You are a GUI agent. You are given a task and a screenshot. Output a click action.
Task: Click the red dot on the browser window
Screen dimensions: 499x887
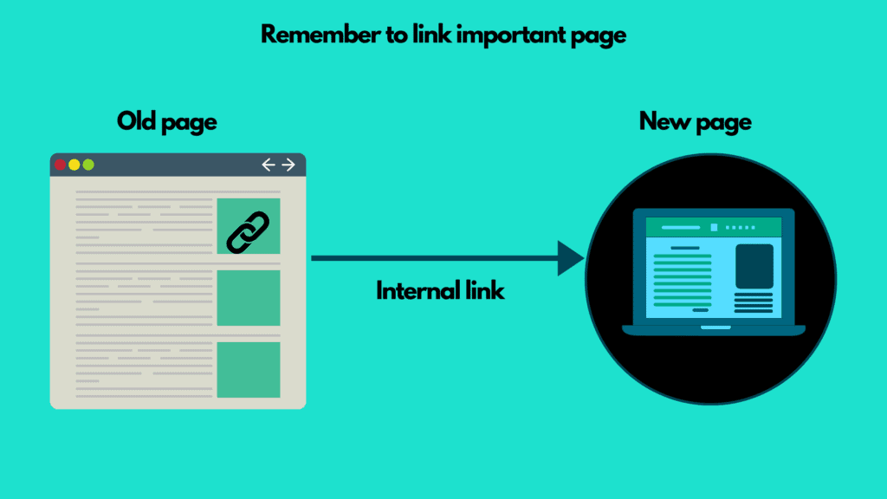(x=60, y=165)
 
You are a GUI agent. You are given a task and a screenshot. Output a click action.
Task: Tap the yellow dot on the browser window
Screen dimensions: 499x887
(x=74, y=165)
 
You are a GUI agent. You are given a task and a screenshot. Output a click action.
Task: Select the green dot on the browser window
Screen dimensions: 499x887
(x=87, y=165)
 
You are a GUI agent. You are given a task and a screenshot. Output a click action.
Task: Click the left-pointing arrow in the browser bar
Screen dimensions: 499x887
(x=269, y=165)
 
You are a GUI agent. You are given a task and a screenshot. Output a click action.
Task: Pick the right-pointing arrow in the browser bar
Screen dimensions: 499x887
(x=288, y=165)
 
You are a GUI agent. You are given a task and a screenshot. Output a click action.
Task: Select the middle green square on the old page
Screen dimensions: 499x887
(x=248, y=298)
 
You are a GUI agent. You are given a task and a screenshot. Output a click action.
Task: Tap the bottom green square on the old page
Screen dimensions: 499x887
(x=248, y=370)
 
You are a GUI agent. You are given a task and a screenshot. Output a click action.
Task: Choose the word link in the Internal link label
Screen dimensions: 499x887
(x=480, y=291)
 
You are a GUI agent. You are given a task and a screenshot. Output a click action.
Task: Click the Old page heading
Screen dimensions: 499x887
(x=166, y=121)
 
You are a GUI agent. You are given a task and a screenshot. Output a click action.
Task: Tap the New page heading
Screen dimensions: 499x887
(x=695, y=121)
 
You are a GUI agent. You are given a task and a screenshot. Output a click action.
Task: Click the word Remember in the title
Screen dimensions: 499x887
(x=305, y=36)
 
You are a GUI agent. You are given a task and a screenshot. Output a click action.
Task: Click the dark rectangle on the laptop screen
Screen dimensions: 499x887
(x=754, y=266)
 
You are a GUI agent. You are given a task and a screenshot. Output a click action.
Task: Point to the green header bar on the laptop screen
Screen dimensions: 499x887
(x=714, y=227)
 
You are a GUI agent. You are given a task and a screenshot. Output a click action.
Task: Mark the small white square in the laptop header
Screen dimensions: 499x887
(x=714, y=227)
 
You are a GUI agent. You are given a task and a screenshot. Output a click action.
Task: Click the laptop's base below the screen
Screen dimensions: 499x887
(x=714, y=329)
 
